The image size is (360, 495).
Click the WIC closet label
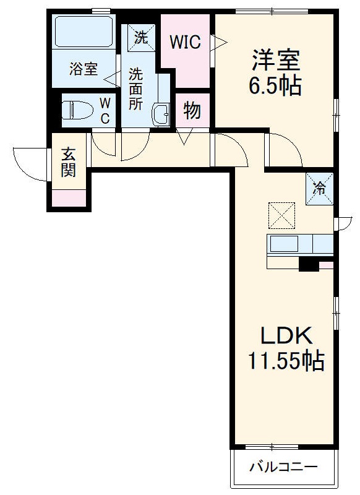point(186,42)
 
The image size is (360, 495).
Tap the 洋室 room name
point(275,61)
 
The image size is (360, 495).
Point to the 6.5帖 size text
point(275,85)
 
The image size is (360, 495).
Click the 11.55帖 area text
point(286,360)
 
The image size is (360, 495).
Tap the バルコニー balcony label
point(283,467)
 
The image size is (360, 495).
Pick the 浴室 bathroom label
point(83,69)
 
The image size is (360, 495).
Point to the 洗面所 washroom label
point(136,88)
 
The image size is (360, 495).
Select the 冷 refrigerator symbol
point(320,188)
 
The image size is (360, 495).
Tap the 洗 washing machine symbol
point(142,37)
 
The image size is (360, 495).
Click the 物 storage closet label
point(192,112)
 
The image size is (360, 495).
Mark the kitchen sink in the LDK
point(285,244)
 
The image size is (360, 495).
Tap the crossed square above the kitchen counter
point(281,216)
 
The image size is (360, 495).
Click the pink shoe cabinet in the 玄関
point(68,198)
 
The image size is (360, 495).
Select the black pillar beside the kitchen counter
point(308,264)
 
